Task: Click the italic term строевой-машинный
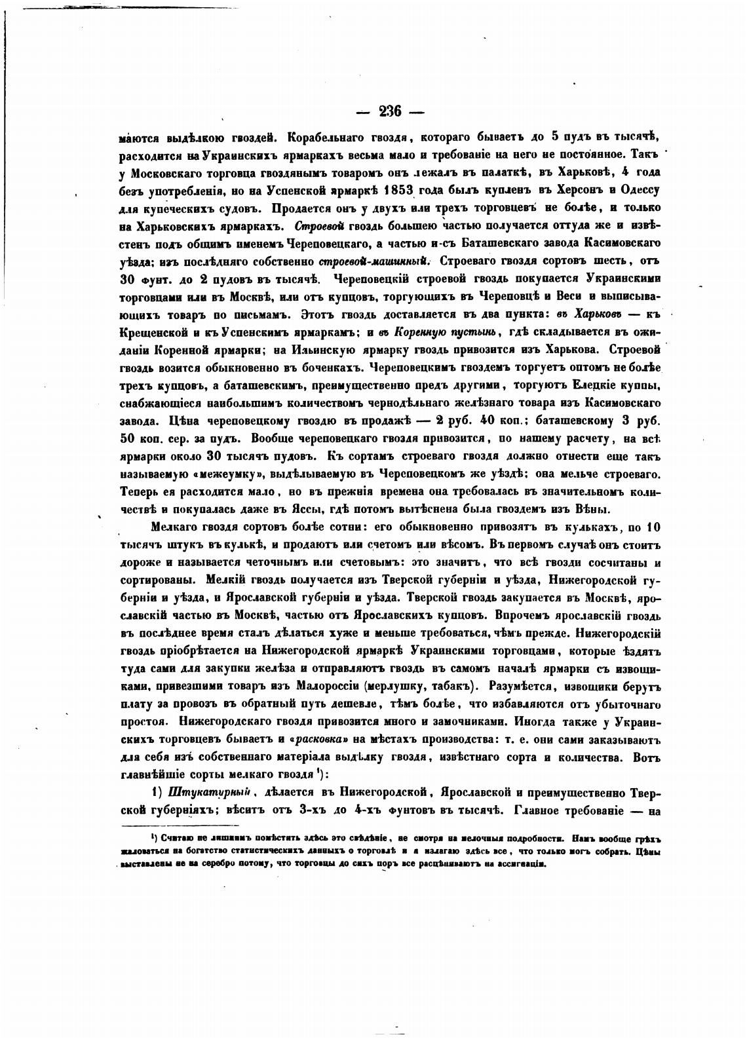(378, 261)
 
